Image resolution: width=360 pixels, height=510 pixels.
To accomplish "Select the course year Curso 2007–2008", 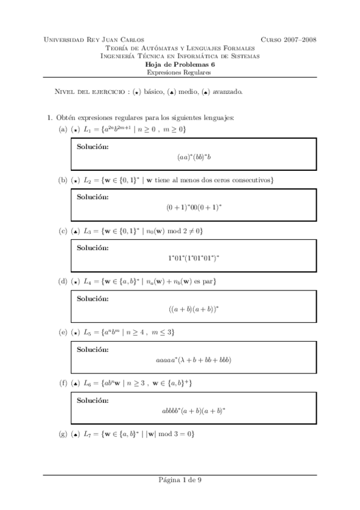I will (x=288, y=40).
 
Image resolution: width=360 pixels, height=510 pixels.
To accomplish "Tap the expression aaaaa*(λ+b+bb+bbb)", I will (x=194, y=360).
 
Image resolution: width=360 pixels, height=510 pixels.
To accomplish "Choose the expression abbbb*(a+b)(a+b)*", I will (x=194, y=412).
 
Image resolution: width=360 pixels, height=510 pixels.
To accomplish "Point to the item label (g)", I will (x=62, y=434).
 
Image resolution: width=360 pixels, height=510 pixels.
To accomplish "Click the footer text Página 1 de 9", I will (x=180, y=480).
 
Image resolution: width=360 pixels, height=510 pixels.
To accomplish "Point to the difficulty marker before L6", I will (x=75, y=383).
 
